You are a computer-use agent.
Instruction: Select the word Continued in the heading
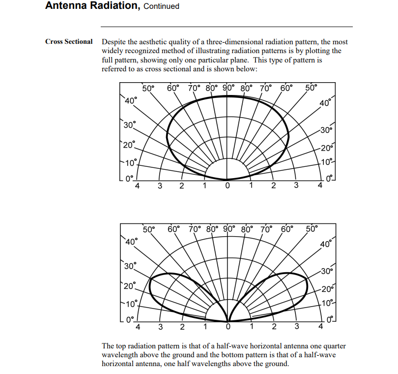point(162,6)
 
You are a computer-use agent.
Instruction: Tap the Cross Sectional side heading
point(69,41)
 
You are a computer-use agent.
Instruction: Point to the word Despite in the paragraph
point(114,42)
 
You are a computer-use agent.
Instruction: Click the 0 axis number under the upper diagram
point(227,186)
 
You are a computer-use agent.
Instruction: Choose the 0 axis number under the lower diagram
point(227,327)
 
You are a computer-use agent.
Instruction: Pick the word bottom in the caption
point(248,355)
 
